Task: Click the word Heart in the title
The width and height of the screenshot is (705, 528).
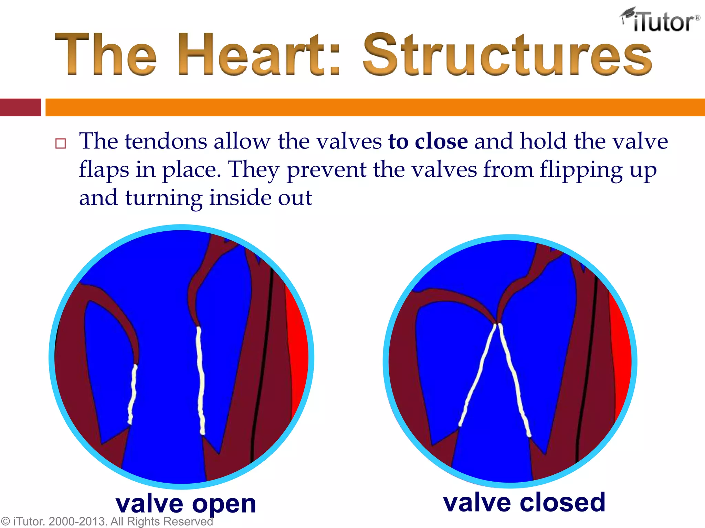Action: (251, 54)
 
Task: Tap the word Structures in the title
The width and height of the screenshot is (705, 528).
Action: (507, 54)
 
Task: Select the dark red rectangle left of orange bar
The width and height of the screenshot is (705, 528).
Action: (20, 107)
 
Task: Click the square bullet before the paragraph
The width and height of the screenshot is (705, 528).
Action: (61, 143)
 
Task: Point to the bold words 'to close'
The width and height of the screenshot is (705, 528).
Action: (428, 142)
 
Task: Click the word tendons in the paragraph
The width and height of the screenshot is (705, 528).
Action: (166, 142)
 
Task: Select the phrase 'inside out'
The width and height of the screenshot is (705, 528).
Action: (261, 198)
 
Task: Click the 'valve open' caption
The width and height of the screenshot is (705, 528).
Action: (186, 504)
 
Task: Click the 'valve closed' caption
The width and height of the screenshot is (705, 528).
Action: (524, 503)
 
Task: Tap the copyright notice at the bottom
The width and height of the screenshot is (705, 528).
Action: (107, 521)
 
